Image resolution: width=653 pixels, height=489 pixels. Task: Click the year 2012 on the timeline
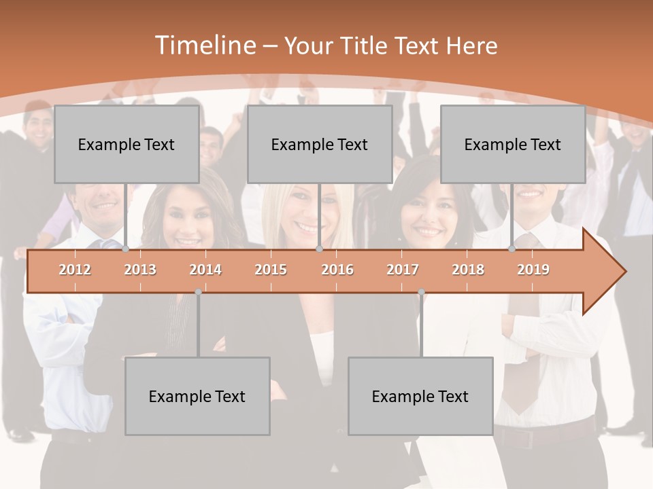[75, 270]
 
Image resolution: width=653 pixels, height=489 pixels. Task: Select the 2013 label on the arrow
[140, 270]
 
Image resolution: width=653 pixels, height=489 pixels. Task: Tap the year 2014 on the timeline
[205, 270]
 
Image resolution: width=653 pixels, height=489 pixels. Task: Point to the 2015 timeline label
[271, 270]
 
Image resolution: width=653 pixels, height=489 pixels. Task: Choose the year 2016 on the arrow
[337, 270]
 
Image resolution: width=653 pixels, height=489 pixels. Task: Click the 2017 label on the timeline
[403, 270]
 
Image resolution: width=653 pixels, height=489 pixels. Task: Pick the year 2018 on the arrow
[468, 270]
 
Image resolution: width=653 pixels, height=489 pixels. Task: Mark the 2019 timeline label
[533, 270]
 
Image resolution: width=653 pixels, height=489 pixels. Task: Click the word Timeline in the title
[204, 46]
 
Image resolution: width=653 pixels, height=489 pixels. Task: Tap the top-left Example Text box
[127, 144]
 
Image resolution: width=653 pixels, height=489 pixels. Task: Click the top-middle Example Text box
[320, 144]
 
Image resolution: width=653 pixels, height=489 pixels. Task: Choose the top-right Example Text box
[513, 144]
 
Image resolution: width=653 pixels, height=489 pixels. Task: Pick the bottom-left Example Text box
[197, 396]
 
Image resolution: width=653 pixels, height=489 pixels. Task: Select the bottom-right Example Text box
[420, 396]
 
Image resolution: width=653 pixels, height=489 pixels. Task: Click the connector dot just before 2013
[126, 249]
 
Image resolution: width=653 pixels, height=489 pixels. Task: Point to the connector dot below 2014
[198, 292]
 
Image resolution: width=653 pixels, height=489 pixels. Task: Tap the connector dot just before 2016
[319, 249]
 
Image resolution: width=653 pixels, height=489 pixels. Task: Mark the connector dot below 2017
[421, 292]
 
